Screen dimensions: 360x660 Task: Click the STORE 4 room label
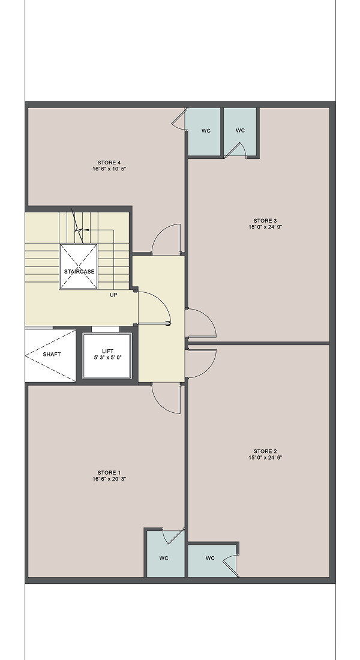[x=109, y=163]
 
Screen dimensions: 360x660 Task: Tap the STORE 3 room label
[x=265, y=221]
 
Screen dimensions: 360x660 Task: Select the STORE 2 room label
[x=265, y=451]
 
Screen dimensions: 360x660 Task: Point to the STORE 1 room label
[x=109, y=472]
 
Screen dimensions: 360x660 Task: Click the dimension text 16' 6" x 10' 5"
[x=109, y=169]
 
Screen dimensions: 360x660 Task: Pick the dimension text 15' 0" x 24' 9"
[x=265, y=227]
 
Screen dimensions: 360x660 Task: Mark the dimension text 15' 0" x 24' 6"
[x=265, y=458]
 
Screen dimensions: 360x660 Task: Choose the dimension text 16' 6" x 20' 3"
[x=109, y=479]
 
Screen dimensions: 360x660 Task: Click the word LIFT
[x=107, y=351]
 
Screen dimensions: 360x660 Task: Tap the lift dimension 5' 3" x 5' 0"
[x=107, y=358]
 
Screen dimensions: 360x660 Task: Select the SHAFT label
[x=52, y=355]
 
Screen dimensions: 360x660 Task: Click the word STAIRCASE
[x=79, y=271]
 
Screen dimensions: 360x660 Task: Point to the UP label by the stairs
[x=113, y=295]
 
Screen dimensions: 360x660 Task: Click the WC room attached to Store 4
[x=204, y=132]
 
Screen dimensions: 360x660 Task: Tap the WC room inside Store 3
[x=240, y=132]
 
